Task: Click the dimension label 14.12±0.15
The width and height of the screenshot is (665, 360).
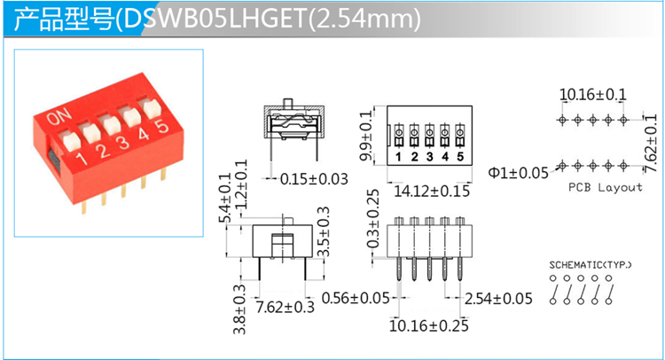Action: pos(432,192)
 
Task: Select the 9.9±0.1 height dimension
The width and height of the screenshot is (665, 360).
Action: pos(366,136)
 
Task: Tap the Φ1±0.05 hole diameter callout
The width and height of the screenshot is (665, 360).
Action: pos(519,173)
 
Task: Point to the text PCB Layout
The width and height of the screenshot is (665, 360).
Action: pos(606,187)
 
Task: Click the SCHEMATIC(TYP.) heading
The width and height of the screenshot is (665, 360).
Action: pos(591,265)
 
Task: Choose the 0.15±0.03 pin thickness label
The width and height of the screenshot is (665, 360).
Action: pos(314,179)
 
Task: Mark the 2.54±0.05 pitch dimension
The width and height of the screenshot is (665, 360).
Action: pos(498,299)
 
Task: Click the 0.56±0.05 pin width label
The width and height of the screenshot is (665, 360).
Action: pos(356,298)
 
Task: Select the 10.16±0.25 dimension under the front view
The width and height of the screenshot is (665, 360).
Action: pos(429,325)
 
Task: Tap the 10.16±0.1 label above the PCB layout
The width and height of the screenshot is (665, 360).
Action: pos(593,94)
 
